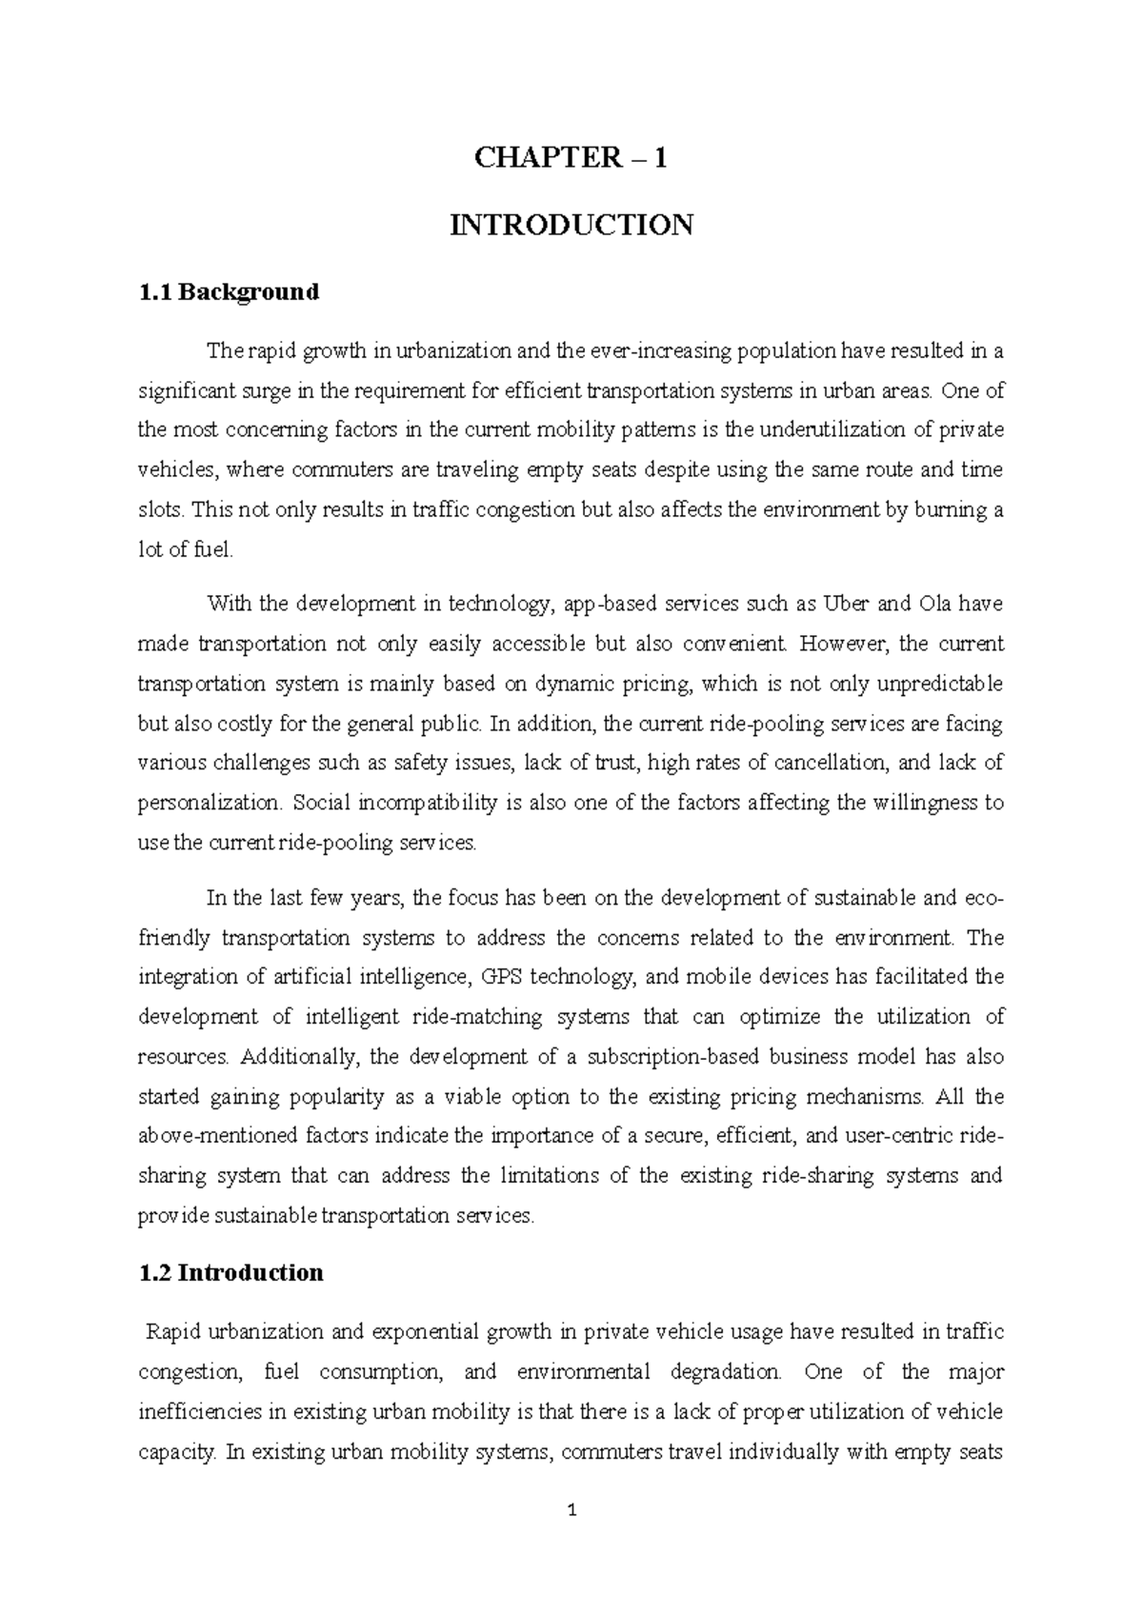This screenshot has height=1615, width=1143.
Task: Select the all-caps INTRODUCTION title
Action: coord(571,226)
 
